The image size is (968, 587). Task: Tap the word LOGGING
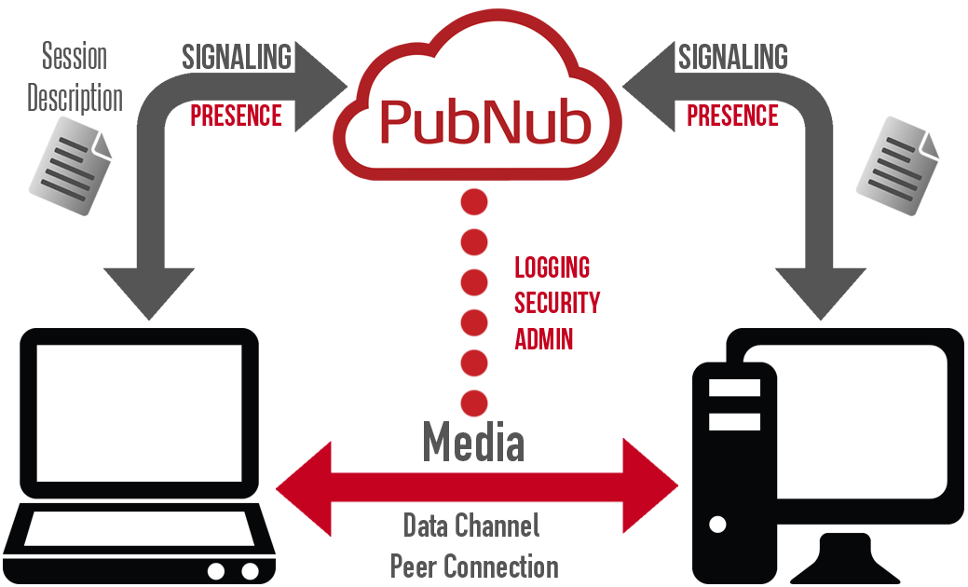coord(552,268)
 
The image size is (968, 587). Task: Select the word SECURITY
coord(557,303)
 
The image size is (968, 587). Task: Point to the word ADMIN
coord(544,339)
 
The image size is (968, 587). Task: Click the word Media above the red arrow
coord(474,442)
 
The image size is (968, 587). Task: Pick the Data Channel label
coord(471,526)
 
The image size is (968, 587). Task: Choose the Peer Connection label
coord(474,565)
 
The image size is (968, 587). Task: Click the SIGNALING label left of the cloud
coord(237,58)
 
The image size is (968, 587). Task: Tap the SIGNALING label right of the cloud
coord(732,58)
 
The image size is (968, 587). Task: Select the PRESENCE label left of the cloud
coord(236,116)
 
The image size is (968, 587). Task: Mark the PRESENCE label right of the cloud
coord(732,116)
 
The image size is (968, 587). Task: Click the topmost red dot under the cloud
coord(475,200)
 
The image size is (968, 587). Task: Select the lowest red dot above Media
coord(475,403)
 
